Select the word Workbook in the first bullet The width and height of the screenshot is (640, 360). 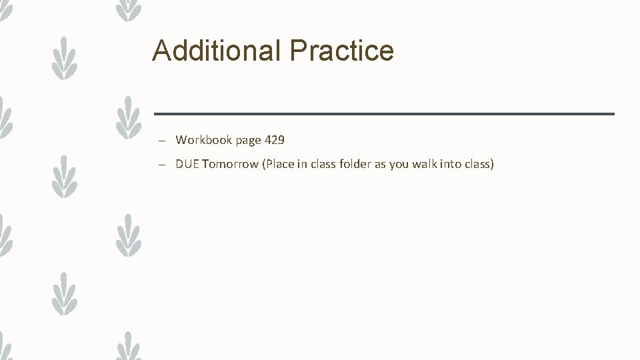[203, 140]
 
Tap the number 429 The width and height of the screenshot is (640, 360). [275, 140]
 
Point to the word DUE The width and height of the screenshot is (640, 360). [187, 164]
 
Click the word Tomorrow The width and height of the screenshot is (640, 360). [231, 164]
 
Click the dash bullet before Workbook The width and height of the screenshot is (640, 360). [162, 141]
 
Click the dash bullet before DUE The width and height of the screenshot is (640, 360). [162, 165]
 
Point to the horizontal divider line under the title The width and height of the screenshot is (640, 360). [383, 114]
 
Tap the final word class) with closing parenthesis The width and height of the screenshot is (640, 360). [479, 164]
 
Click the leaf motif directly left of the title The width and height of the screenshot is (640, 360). [65, 58]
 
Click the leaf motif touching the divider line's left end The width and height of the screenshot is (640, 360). [129, 117]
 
